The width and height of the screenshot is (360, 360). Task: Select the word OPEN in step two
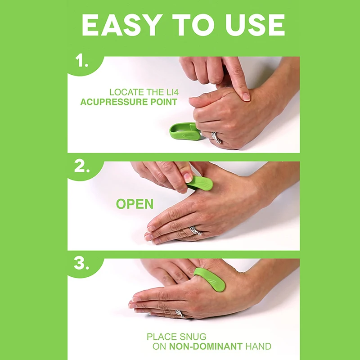click(135, 204)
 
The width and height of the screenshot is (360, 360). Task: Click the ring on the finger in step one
click(216, 138)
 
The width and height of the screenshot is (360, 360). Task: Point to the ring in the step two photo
click(195, 231)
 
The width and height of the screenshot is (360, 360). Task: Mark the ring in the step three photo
click(181, 314)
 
